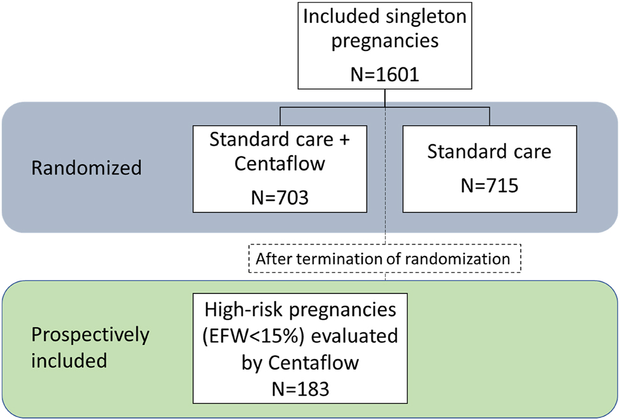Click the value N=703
(279, 197)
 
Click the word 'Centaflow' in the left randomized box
(279, 164)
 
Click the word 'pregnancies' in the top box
(384, 41)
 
